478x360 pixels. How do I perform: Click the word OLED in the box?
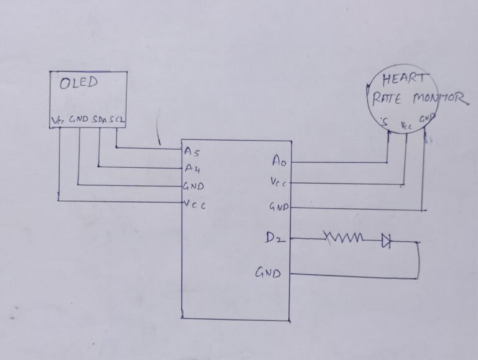[79, 83]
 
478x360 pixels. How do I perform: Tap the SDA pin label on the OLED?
[100, 118]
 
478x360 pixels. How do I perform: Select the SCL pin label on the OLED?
[116, 118]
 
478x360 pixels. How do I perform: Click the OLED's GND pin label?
[79, 118]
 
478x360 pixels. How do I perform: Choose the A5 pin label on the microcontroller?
[192, 150]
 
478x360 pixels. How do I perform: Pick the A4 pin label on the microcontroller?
[192, 167]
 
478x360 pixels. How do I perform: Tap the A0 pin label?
[279, 161]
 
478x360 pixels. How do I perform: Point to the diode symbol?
[386, 241]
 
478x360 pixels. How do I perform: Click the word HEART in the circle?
[405, 80]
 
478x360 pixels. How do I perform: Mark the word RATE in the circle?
[387, 98]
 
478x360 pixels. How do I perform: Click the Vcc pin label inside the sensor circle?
[406, 126]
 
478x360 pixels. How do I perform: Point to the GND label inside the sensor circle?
[426, 118]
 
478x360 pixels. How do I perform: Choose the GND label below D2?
[268, 272]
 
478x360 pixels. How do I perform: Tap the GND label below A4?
[194, 186]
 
